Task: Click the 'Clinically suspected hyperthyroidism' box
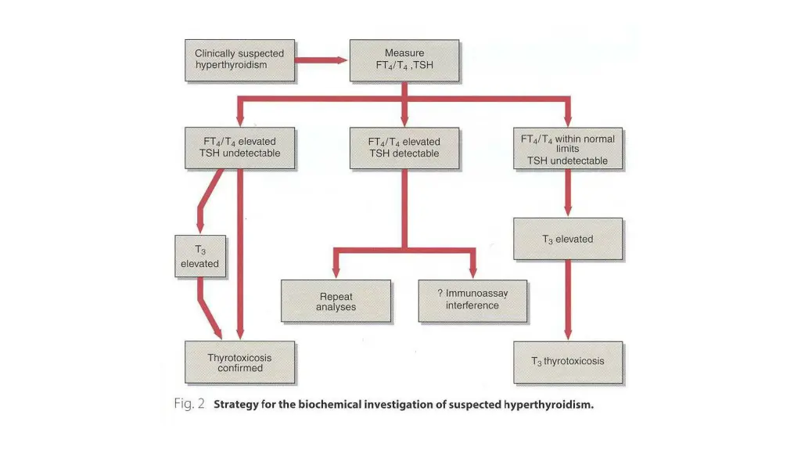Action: (239, 60)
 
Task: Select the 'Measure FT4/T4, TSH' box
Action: (404, 60)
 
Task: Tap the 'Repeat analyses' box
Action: (336, 301)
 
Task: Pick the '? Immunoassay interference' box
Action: (472, 300)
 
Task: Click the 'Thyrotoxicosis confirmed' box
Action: (239, 363)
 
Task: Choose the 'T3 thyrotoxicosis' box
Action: (568, 362)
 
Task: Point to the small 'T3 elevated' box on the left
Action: (200, 257)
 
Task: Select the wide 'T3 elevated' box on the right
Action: (568, 239)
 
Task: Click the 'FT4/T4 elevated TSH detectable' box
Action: (404, 148)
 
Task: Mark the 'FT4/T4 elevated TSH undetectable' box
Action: (239, 148)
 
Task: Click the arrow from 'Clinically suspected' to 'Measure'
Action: (321, 60)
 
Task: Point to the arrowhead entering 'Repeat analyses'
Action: (336, 273)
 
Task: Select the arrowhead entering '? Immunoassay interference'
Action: (472, 273)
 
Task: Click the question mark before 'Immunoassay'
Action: (440, 293)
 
